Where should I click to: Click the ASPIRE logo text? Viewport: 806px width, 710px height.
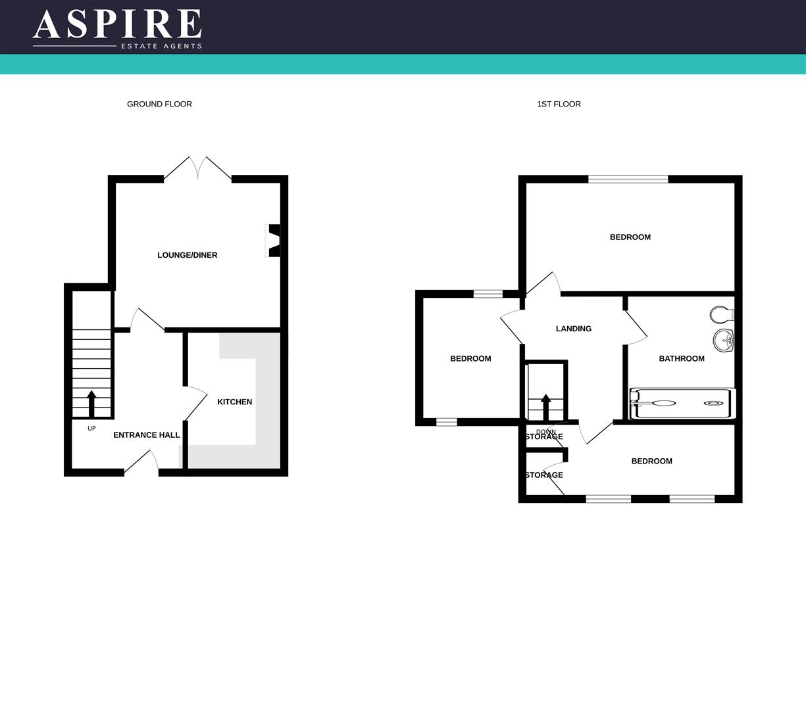click(117, 24)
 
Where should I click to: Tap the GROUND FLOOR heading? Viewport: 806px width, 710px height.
click(159, 104)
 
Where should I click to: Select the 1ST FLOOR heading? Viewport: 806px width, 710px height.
click(559, 104)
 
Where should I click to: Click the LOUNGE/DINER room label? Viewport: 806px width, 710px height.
click(187, 255)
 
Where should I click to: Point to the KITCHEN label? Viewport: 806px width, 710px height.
click(234, 402)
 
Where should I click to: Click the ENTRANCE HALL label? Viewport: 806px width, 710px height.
click(146, 435)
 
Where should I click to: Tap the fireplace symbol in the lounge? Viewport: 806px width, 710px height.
click(273, 241)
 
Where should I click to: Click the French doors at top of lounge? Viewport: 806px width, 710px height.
click(197, 168)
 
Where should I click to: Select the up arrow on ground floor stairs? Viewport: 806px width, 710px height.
click(91, 404)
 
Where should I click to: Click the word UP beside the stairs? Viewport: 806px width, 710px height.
click(91, 429)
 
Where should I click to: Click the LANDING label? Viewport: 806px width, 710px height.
click(573, 329)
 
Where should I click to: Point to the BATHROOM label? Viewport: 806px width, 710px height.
click(682, 358)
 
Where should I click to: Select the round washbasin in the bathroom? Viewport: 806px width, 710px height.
click(723, 341)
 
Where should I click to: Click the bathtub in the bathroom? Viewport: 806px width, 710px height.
click(682, 403)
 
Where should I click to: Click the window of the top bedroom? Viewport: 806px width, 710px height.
click(628, 179)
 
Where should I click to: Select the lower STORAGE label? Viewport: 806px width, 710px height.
click(544, 475)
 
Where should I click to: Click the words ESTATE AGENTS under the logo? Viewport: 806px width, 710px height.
click(161, 46)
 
